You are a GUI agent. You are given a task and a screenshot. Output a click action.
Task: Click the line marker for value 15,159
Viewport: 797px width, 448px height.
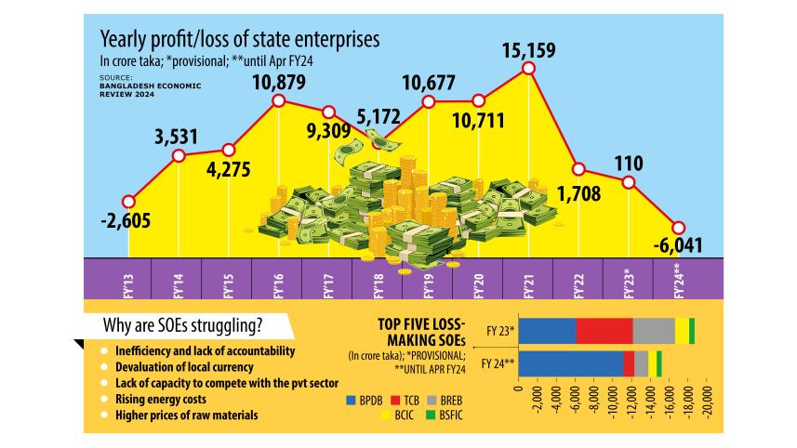[529, 69]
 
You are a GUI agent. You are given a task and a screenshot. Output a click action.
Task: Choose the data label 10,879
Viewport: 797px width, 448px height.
[278, 81]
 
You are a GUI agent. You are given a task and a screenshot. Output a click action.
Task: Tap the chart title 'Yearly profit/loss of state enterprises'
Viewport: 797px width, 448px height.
[240, 41]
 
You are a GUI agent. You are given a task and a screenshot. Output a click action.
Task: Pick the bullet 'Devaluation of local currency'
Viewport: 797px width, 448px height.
[174, 367]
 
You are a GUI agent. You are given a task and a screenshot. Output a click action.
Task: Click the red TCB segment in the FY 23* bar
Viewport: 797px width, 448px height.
[604, 331]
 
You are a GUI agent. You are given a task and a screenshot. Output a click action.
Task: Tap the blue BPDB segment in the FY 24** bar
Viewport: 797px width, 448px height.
[570, 363]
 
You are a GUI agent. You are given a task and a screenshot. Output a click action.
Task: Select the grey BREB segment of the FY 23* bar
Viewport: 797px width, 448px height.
[654, 331]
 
